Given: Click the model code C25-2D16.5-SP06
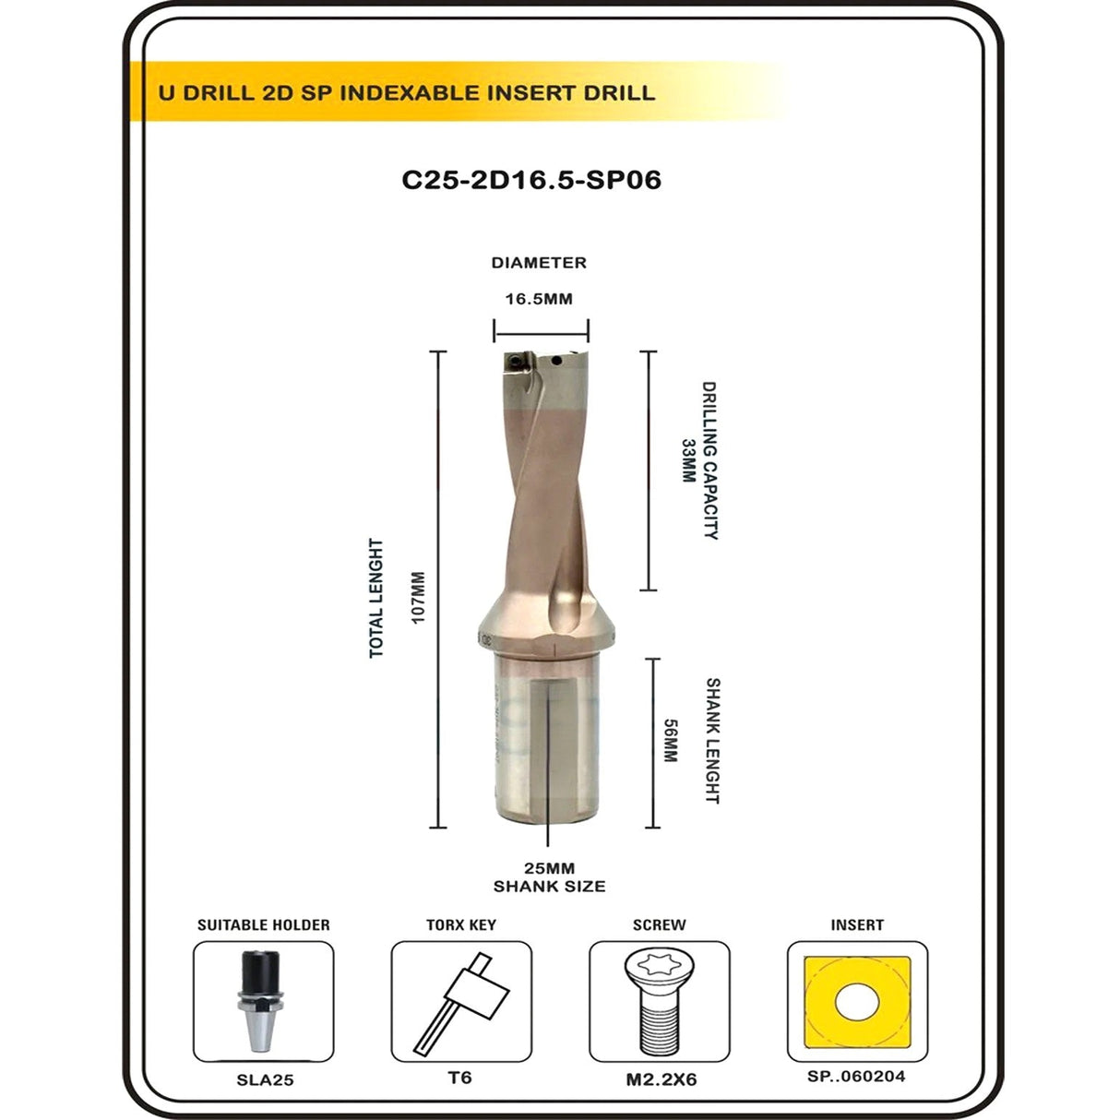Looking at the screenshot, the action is (x=531, y=180).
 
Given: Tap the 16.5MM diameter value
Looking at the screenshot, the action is (x=539, y=299).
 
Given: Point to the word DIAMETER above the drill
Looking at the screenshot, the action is (x=539, y=263).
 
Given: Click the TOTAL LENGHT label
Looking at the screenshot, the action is (x=376, y=599).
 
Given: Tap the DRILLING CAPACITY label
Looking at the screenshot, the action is (x=710, y=460).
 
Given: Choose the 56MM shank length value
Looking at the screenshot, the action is (x=671, y=741).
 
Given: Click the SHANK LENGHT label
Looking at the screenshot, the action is (x=712, y=741).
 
